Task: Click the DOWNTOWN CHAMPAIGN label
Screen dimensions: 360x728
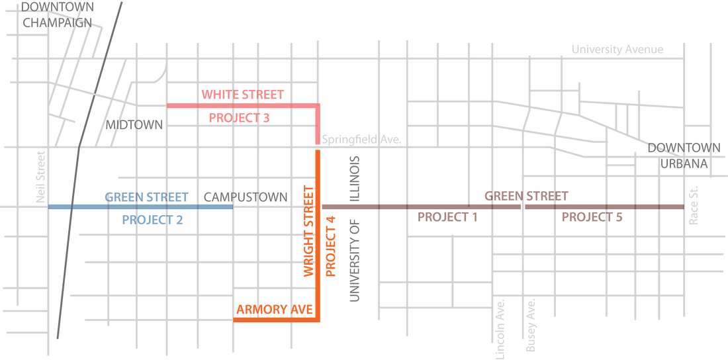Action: click(58, 15)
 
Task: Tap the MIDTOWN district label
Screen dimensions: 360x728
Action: click(134, 124)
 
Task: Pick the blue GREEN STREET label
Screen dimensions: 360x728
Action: click(147, 197)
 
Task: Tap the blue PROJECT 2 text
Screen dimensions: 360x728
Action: click(152, 220)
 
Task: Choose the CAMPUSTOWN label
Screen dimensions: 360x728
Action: click(246, 197)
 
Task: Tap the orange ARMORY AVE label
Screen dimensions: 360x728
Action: click(268, 310)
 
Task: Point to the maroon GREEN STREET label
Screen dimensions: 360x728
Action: click(526, 196)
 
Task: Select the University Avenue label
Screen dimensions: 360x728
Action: click(617, 50)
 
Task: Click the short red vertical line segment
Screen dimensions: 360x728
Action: click(317, 126)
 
